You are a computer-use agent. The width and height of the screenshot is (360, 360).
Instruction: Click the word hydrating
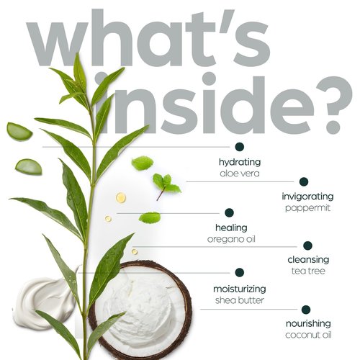pos(240,163)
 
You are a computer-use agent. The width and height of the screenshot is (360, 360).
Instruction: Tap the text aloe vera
pos(240,174)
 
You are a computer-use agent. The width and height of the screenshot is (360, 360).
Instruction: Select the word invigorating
pos(307,197)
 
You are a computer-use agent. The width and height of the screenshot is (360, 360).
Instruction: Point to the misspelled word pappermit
pos(307,208)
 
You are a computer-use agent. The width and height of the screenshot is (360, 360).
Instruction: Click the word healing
pos(231,228)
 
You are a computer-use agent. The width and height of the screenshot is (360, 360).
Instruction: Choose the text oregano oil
pos(231,239)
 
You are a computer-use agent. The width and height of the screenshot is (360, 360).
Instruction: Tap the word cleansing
pos(308,260)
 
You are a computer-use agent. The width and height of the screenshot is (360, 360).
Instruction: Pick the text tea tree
pos(308,271)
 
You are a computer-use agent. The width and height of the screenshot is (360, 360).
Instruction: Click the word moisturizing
pos(240,289)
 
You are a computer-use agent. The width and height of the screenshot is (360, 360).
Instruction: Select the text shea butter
pos(240,300)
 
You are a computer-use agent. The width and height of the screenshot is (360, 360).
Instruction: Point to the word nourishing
pos(308,324)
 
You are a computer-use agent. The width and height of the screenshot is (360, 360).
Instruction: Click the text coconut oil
pos(308,335)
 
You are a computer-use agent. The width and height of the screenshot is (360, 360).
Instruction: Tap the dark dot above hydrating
pos(240,147)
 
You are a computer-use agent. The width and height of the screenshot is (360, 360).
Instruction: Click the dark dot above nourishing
pos(306,310)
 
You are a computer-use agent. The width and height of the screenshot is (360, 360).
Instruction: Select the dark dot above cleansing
pos(307,246)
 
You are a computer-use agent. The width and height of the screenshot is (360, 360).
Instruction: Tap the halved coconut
pos(141,310)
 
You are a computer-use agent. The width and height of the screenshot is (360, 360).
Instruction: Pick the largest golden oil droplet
pos(121,197)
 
